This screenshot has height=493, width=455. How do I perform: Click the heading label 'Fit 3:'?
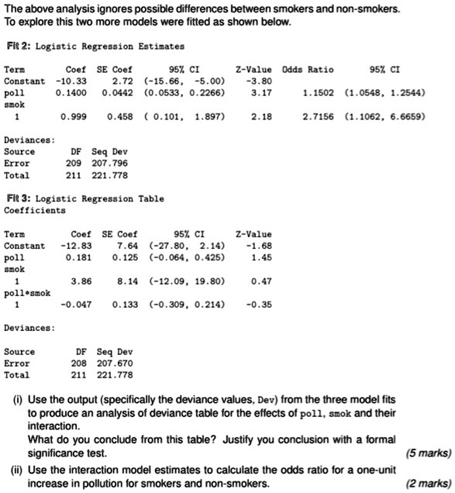coord(17,198)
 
